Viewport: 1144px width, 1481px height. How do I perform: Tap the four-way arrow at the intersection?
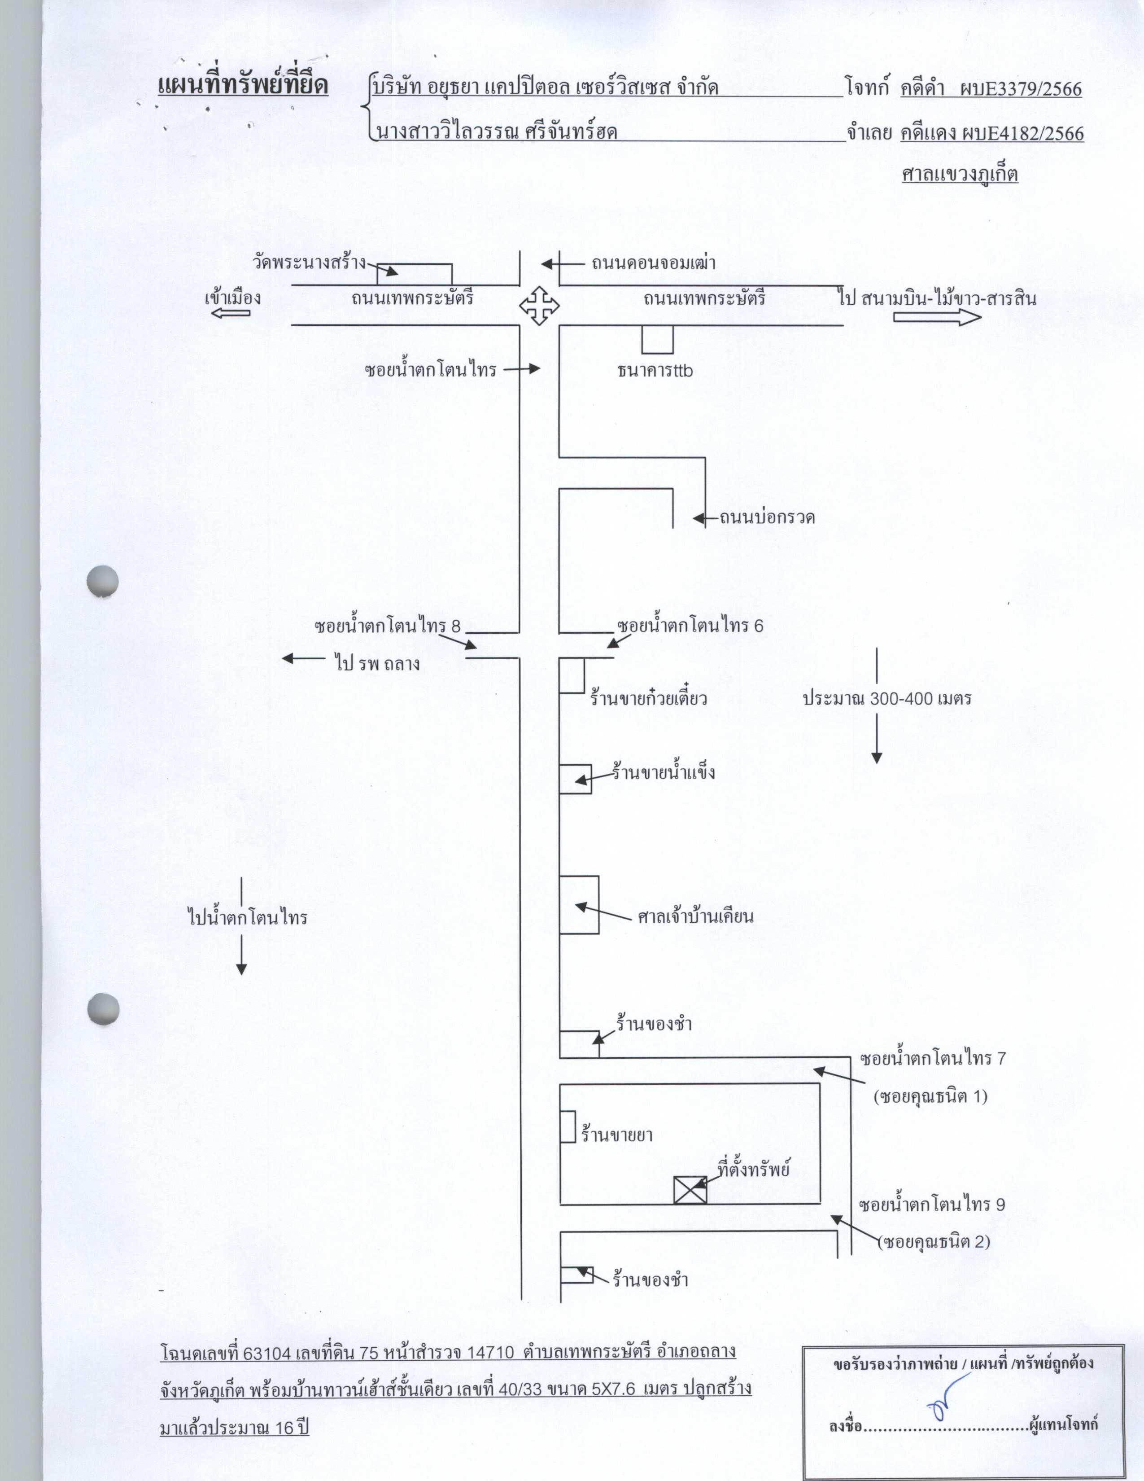point(539,305)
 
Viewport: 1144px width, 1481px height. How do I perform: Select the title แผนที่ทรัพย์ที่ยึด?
point(243,87)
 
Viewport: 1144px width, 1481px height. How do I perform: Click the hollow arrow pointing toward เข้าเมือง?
point(231,313)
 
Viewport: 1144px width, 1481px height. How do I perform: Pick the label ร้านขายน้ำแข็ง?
point(664,772)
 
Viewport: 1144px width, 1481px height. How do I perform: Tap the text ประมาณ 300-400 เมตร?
point(887,698)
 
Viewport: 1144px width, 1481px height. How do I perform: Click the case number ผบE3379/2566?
point(1021,89)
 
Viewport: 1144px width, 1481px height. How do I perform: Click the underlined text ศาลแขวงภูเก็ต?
point(960,174)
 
